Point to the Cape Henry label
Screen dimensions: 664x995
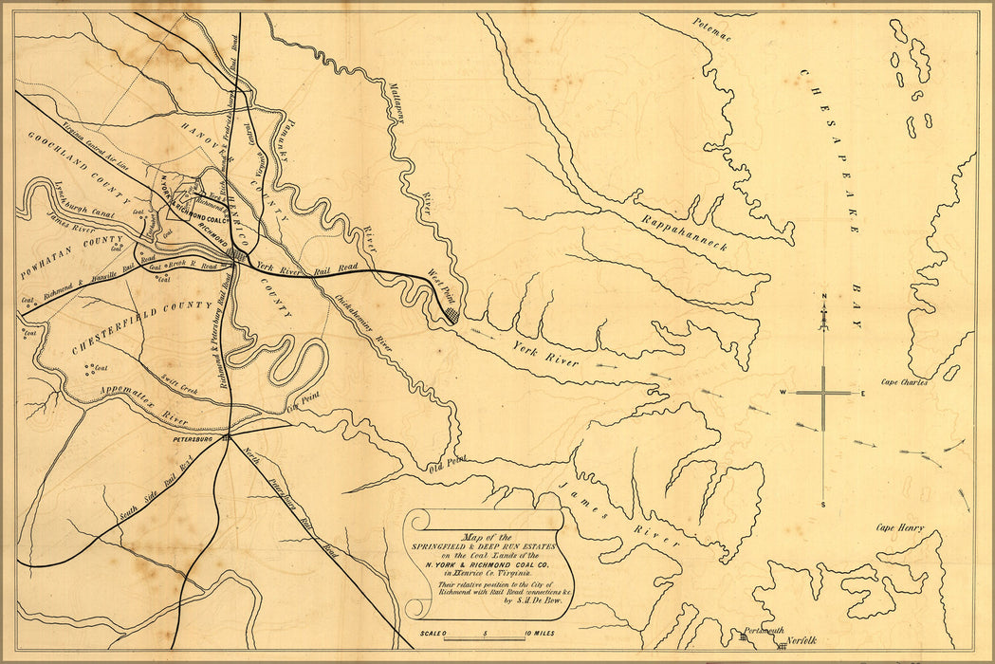pyautogui.click(x=899, y=528)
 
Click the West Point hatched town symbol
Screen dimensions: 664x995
pyautogui.click(x=453, y=313)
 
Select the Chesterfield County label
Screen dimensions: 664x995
pyautogui.click(x=141, y=326)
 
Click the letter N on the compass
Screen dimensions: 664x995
pyautogui.click(x=823, y=297)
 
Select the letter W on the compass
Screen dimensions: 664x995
pyautogui.click(x=783, y=393)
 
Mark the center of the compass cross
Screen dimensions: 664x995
pyautogui.click(x=823, y=393)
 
